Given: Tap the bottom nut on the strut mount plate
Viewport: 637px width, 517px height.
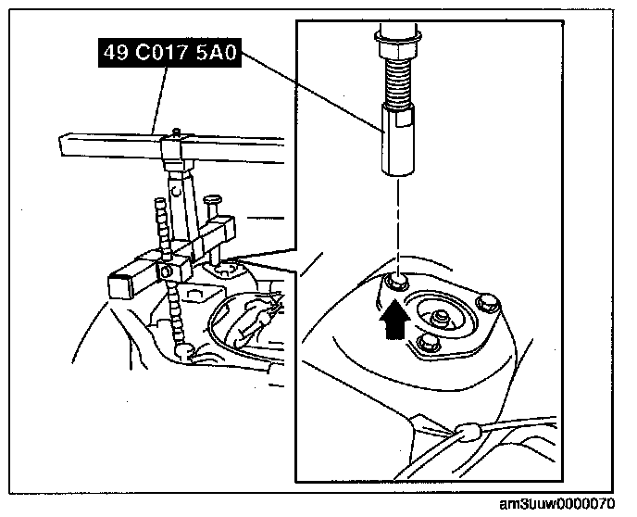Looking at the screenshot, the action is [428, 344].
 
